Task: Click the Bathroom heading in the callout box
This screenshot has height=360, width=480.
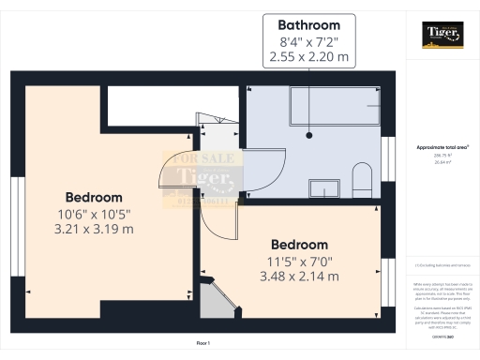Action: click(x=309, y=22)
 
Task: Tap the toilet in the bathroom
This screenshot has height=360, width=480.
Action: click(x=361, y=178)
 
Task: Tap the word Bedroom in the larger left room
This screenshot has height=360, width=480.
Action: click(x=94, y=198)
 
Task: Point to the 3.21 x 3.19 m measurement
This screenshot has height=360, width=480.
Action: click(x=94, y=229)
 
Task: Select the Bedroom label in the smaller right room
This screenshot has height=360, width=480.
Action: click(x=300, y=245)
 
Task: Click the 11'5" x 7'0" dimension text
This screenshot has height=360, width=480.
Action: click(x=300, y=261)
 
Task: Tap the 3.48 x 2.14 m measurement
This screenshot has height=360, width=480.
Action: click(x=300, y=277)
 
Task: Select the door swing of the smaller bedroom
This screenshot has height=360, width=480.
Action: click(x=217, y=225)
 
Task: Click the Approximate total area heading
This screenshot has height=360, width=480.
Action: click(x=442, y=148)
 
